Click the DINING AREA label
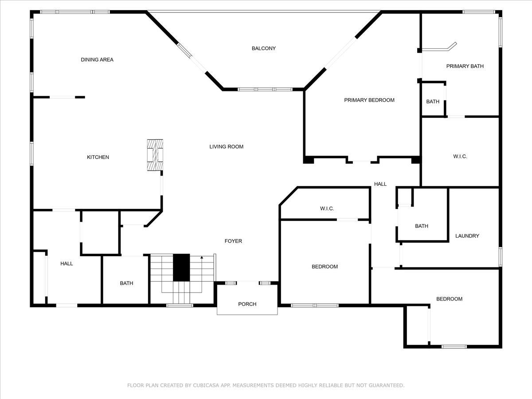point(97,59)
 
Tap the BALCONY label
point(264,48)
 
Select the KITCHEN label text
point(98,157)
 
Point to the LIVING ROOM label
point(227,146)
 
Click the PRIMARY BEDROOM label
point(369,100)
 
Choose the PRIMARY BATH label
point(465,66)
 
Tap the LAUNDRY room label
point(467,236)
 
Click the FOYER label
point(233,241)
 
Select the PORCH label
point(247,304)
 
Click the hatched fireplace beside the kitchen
point(155,154)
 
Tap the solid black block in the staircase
point(181,267)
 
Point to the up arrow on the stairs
point(202,257)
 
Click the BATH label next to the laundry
point(422,226)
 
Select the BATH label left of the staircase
point(126,283)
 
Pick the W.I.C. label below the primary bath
point(460,156)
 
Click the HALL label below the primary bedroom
point(380,184)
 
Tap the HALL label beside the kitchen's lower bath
point(66,263)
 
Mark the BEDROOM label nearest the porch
point(325,266)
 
